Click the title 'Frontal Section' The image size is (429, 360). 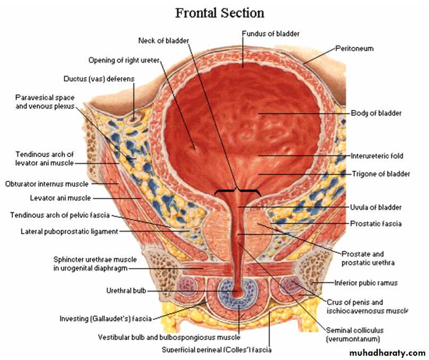[220, 13]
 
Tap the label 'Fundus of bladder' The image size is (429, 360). [270, 34]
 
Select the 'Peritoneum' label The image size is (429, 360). [354, 48]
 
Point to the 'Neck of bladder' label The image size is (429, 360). [163, 41]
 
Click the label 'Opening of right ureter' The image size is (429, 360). [124, 60]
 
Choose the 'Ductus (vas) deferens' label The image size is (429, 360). [99, 79]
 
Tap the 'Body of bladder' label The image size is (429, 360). [376, 113]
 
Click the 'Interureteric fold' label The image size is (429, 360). [377, 156]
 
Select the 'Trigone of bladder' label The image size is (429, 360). [381, 174]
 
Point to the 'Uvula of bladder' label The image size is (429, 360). [376, 207]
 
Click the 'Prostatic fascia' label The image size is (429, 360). [376, 223]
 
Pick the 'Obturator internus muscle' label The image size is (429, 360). [47, 183]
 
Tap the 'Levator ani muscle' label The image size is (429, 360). [60, 198]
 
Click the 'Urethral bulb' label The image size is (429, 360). [126, 290]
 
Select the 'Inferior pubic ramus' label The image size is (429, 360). [366, 283]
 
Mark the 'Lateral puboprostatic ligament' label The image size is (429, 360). [70, 231]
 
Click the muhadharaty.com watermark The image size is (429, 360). [387, 353]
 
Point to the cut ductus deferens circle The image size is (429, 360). [134, 118]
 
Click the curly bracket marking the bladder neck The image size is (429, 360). [237, 191]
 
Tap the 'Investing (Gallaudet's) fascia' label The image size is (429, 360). [105, 319]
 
